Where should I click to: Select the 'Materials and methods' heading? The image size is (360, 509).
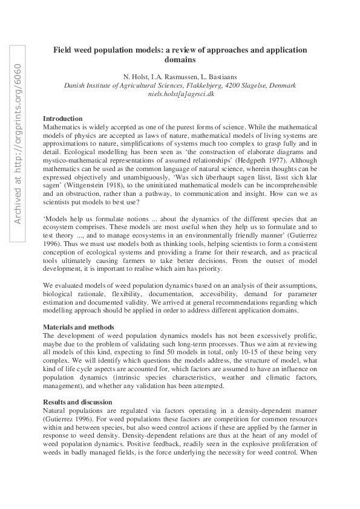[x=78, y=327]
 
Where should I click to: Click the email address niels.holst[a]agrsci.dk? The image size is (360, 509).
[x=180, y=95]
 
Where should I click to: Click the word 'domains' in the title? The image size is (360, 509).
[x=180, y=60]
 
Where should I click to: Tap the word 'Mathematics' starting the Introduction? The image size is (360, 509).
[x=64, y=128]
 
